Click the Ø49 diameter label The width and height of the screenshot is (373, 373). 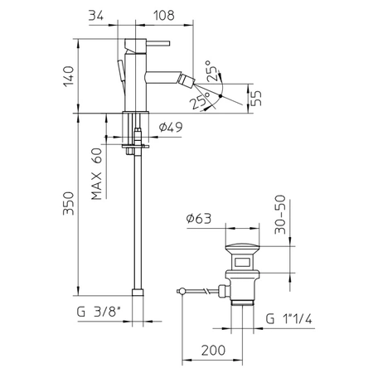(169, 127)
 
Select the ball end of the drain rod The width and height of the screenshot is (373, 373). (181, 291)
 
